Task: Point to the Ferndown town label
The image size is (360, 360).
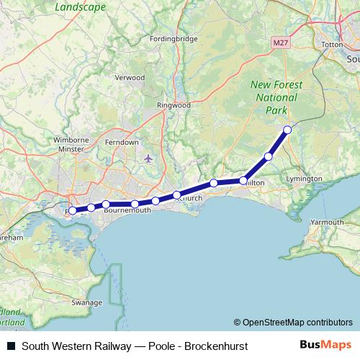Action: pos(122,143)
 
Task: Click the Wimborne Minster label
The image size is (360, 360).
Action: pos(70,144)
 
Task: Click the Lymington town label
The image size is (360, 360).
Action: pos(304,178)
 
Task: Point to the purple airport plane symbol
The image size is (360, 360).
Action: pos(148,158)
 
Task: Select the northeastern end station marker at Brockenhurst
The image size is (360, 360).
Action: pos(287,130)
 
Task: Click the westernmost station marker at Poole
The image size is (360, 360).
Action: pos(73,211)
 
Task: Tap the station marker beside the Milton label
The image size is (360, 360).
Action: pos(243,181)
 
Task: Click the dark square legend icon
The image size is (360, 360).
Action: pos(11,346)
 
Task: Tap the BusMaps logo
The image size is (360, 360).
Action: pos(326,345)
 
